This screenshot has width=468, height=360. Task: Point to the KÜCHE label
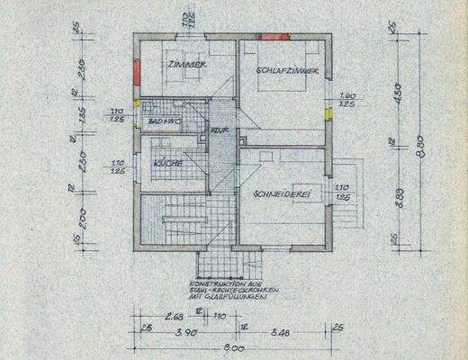pos(168,163)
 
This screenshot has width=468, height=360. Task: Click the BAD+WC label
pos(163,120)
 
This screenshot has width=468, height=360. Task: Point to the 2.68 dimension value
pos(177,316)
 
